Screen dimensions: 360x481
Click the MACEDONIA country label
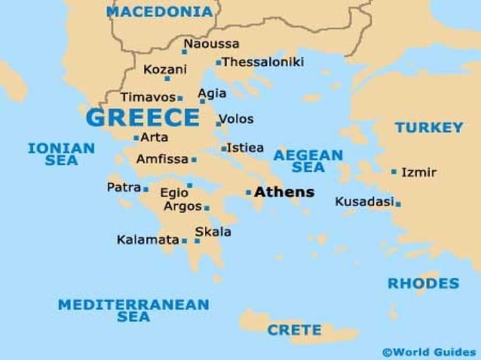click(159, 12)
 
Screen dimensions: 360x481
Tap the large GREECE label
click(143, 118)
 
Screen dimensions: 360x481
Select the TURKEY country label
click(429, 127)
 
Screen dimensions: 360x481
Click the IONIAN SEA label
click(61, 154)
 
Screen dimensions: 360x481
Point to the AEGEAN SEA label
click(308, 161)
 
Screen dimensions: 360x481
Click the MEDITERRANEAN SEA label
click(133, 310)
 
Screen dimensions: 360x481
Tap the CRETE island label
click(294, 330)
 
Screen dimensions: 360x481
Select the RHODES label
click(423, 284)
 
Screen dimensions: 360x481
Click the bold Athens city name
click(284, 192)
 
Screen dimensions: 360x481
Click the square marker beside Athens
click(248, 193)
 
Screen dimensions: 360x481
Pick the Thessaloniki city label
click(263, 62)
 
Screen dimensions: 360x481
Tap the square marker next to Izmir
click(394, 172)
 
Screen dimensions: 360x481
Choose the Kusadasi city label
click(365, 202)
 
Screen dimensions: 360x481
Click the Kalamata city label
click(147, 240)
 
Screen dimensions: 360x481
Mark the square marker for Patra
click(146, 189)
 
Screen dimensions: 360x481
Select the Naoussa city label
click(211, 44)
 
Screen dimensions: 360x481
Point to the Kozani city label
click(165, 69)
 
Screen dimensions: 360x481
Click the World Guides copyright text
click(429, 352)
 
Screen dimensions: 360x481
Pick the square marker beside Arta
click(136, 138)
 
